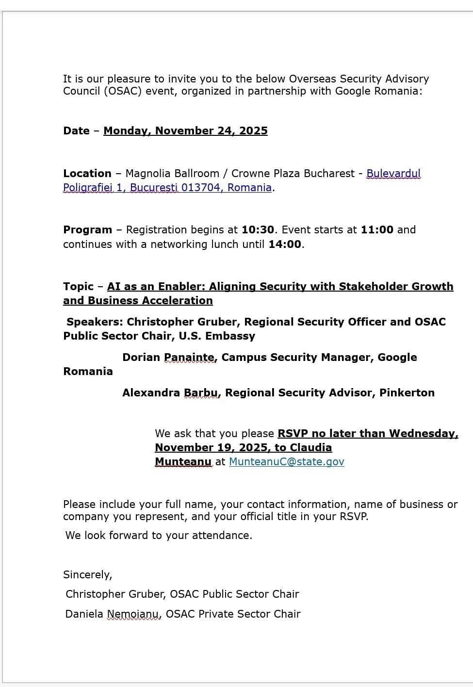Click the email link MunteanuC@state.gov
click(x=286, y=461)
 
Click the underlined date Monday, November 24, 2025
click(x=185, y=131)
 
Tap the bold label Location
click(x=87, y=173)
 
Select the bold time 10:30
click(x=258, y=229)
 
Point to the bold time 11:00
click(x=377, y=229)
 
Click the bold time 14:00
click(x=285, y=244)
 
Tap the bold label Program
click(x=87, y=229)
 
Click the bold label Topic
click(x=78, y=286)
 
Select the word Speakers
click(x=95, y=322)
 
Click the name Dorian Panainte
click(x=169, y=357)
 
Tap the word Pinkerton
click(x=407, y=393)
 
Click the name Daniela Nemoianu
click(x=113, y=614)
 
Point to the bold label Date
click(x=76, y=131)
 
